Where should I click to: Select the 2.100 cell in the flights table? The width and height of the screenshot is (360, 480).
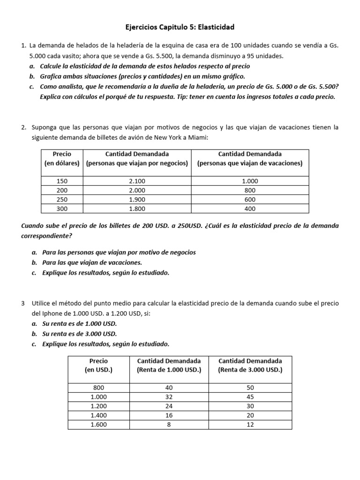point(137,181)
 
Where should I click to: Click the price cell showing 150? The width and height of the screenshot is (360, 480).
point(62,181)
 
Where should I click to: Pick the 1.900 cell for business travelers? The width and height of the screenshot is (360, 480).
point(137,200)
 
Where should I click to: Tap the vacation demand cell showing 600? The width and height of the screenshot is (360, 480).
point(250,200)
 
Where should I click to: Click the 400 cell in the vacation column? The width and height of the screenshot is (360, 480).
point(250,209)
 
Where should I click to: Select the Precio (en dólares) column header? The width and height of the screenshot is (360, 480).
point(62,158)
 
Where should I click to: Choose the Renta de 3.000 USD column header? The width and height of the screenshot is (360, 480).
point(250,365)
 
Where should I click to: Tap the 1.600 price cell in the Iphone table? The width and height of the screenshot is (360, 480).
point(98,424)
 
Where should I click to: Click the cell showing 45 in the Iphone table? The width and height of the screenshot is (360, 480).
point(250,397)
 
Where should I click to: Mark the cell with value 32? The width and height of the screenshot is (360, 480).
point(169,397)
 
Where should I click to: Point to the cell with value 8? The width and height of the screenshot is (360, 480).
point(169,424)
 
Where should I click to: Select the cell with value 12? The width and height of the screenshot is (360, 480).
point(250,424)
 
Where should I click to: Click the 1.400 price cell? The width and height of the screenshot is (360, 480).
point(98,415)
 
